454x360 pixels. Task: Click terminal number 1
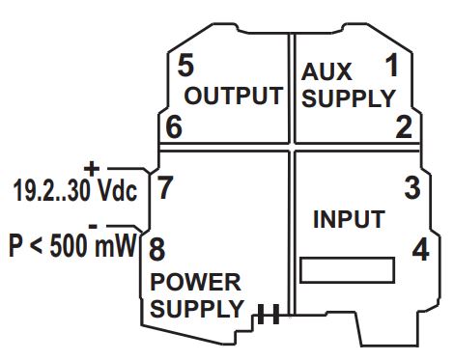391,67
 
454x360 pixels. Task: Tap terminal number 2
404,126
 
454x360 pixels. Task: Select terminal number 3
412,188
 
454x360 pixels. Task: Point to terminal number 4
420,249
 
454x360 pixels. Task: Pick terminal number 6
173,126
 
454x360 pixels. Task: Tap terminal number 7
165,187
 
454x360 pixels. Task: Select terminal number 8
156,249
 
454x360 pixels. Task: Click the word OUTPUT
233,97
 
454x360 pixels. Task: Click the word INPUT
349,219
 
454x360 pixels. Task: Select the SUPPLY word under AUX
348,98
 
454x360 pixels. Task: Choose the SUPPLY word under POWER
196,310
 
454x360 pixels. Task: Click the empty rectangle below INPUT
348,270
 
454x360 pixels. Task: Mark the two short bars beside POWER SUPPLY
269,313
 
